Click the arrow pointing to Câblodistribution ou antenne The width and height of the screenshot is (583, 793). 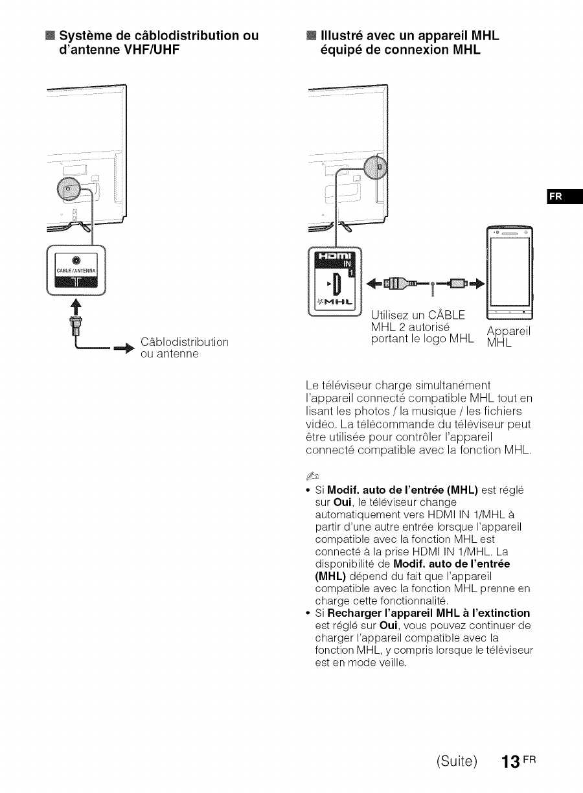[x=122, y=350]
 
